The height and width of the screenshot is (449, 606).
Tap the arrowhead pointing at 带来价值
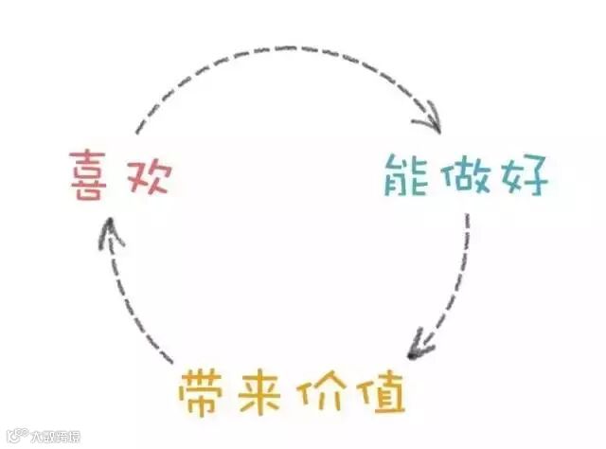pos(417,347)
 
